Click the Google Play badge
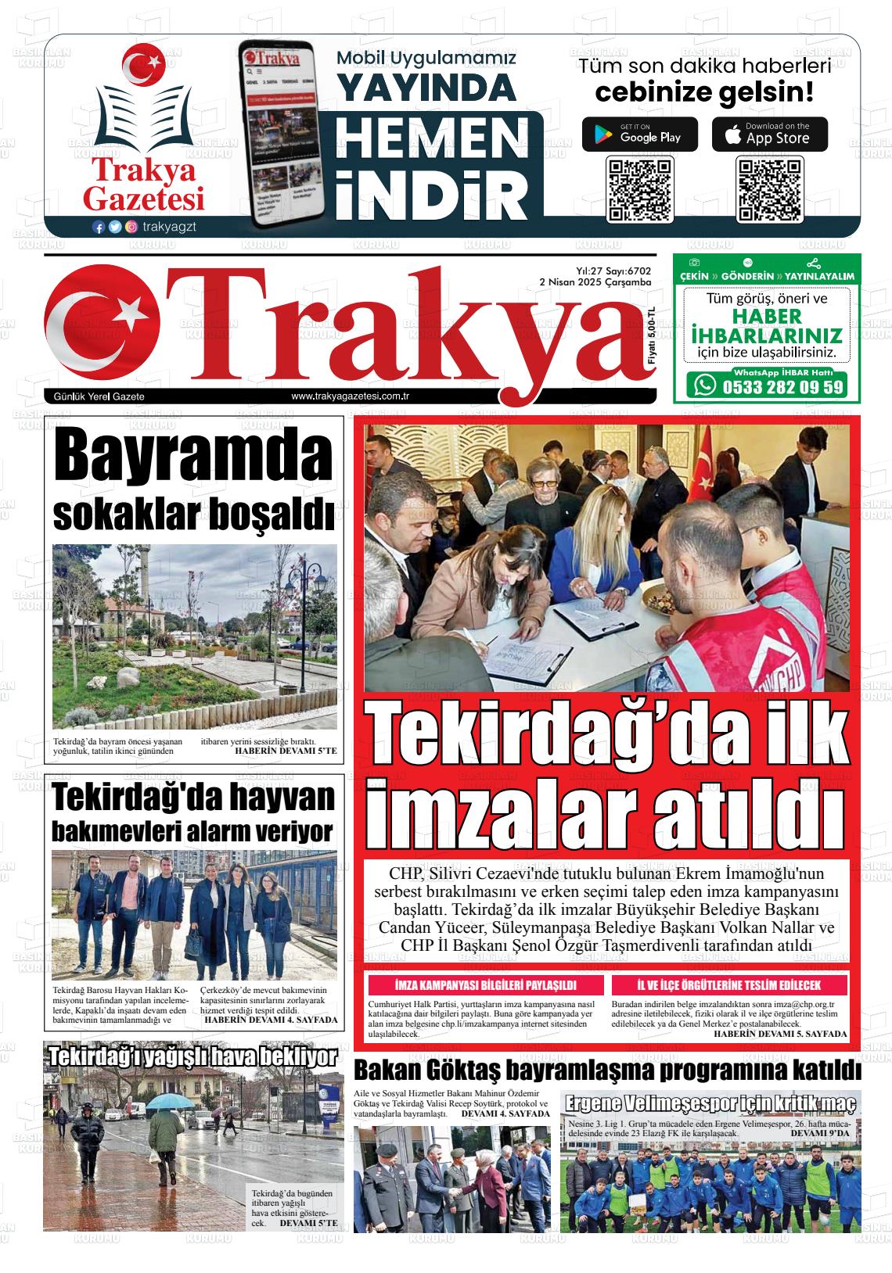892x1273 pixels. pyautogui.click(x=640, y=134)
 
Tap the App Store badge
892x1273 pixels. pyautogui.click(x=769, y=134)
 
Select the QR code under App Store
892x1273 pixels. pyautogui.click(x=770, y=189)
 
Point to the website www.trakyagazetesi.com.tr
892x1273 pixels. pyautogui.click(x=351, y=396)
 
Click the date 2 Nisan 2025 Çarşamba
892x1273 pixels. pyautogui.click(x=595, y=281)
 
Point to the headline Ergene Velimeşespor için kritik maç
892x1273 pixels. pyautogui.click(x=710, y=1103)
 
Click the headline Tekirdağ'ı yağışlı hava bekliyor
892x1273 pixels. pyautogui.click(x=192, y=1057)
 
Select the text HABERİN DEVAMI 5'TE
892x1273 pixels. pyautogui.click(x=286, y=751)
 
